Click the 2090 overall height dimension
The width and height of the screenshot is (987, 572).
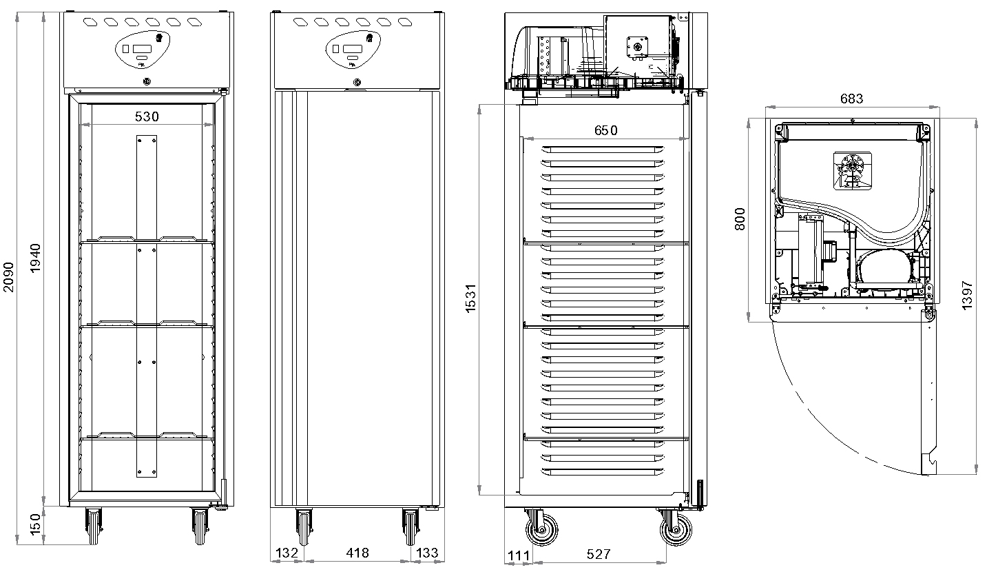[x=8, y=277]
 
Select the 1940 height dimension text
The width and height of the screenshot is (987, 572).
[x=35, y=258]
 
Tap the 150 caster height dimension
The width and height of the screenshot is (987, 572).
[x=35, y=524]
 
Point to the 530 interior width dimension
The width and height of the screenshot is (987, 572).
[x=147, y=116]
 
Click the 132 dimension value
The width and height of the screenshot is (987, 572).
[x=287, y=553]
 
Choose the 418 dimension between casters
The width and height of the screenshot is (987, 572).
[x=357, y=553]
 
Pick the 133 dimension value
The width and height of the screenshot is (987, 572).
[x=427, y=553]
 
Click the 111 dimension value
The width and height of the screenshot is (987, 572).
[x=519, y=555]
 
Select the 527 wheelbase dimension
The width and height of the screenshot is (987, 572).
[x=599, y=554]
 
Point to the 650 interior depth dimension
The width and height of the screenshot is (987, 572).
[x=606, y=130]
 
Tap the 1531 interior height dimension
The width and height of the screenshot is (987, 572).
[x=471, y=298]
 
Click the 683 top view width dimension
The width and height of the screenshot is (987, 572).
[x=851, y=99]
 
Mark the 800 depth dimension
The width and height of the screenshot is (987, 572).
[x=740, y=219]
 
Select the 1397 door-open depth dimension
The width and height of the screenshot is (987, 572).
[x=967, y=295]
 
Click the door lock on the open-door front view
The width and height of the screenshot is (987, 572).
[x=147, y=81]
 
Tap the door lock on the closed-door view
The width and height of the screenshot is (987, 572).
[x=357, y=82]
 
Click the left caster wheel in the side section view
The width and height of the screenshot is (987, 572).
[x=541, y=529]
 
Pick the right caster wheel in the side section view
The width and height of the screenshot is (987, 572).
[x=676, y=529]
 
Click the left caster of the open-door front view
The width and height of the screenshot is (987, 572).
[x=94, y=527]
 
